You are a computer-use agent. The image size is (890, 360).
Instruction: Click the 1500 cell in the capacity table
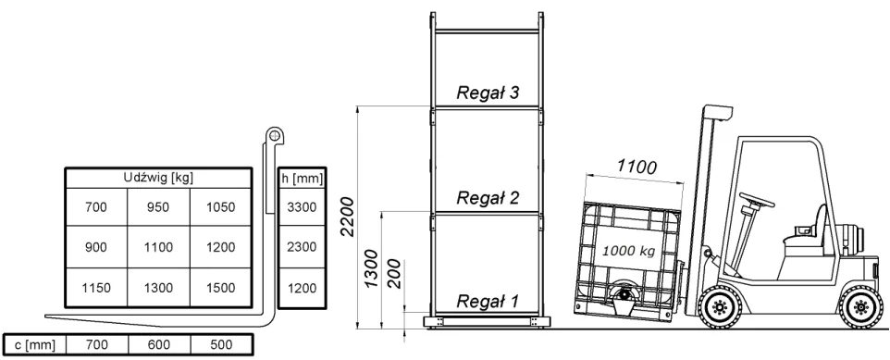click(x=221, y=288)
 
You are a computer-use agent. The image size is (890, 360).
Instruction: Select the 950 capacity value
click(x=158, y=207)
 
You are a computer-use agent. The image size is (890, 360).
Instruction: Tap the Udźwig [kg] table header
click(x=158, y=178)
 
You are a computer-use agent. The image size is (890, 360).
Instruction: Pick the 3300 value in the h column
click(x=302, y=207)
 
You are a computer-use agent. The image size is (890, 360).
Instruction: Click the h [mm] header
click(x=302, y=179)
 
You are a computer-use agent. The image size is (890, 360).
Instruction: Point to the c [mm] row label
click(x=35, y=345)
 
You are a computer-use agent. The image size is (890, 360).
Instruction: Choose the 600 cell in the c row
click(x=159, y=344)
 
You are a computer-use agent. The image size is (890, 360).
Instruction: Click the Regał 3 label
click(x=488, y=93)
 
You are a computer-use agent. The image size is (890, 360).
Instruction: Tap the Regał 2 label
click(x=488, y=198)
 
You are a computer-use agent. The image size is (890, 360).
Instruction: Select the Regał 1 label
click(x=488, y=301)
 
